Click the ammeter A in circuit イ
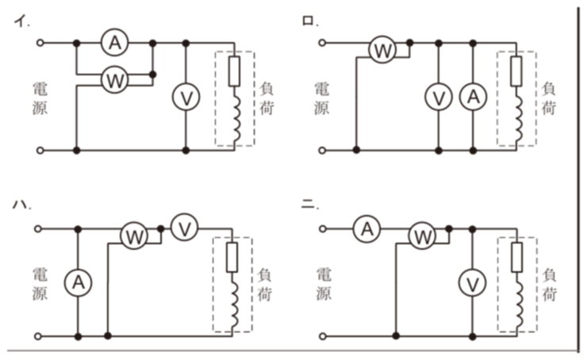tap(114, 42)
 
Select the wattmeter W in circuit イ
tap(114, 80)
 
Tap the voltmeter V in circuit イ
tap(186, 97)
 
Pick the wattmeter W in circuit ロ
tap(382, 50)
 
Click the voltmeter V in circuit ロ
tap(439, 97)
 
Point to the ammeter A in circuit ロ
tap(474, 97)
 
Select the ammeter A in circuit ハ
tap(78, 282)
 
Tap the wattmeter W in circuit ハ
tap(134, 236)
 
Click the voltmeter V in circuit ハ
tap(185, 228)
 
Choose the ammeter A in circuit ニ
tap(366, 228)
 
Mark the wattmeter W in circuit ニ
tap(422, 236)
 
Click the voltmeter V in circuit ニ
tap(473, 283)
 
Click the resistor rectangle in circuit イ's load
tap(234, 71)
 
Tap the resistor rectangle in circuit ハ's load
tap(232, 257)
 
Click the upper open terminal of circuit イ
tap(40, 43)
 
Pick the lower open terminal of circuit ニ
tap(323, 336)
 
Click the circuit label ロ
tap(308, 21)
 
